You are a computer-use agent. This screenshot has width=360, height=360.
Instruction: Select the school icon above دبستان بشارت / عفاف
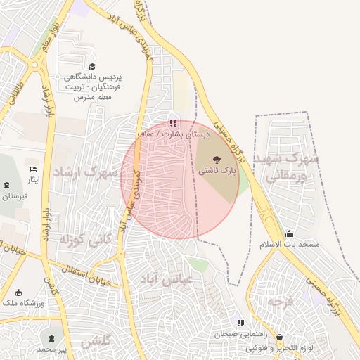173,123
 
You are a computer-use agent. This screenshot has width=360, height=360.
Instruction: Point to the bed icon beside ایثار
32,169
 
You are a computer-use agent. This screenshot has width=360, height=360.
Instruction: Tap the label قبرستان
14,197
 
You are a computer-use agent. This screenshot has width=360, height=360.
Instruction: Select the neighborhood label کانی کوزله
82,240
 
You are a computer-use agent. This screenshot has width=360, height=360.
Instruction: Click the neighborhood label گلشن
96,342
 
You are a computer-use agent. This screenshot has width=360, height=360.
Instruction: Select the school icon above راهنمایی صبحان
240,323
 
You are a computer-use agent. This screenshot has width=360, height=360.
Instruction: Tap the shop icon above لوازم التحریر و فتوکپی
281,337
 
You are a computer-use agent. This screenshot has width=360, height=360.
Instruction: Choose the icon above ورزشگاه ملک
18,292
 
